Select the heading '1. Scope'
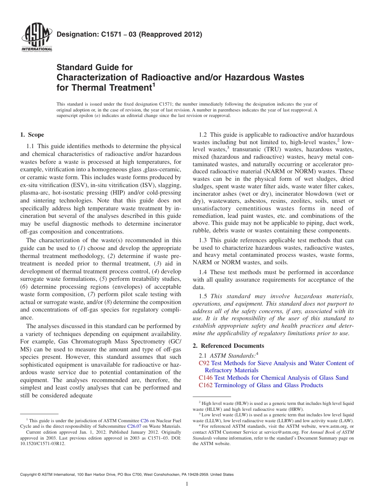point(32,135)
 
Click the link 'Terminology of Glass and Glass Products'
point(268,385)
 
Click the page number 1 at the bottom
point(187,484)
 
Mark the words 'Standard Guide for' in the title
point(94,67)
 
